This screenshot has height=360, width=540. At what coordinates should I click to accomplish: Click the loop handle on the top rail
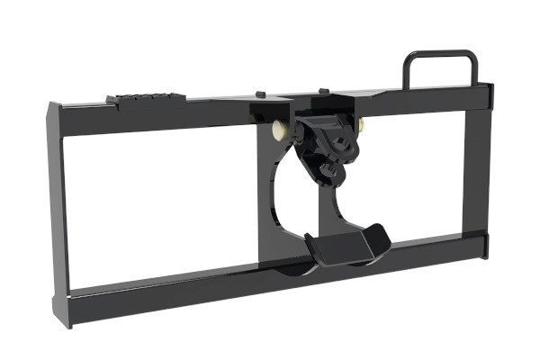(x=440, y=68)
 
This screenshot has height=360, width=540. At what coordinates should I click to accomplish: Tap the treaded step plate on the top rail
(x=146, y=100)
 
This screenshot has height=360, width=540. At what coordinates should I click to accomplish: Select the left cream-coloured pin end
(x=276, y=131)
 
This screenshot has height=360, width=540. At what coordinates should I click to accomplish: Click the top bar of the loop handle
(x=440, y=54)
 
